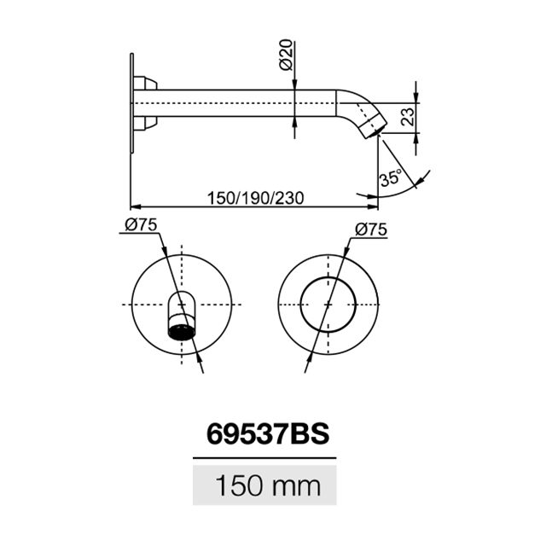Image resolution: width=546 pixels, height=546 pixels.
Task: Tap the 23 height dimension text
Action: coord(408,116)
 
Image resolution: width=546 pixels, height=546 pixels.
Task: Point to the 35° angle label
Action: coord(391,178)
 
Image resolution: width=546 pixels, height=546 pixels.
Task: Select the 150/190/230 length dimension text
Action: coord(255,198)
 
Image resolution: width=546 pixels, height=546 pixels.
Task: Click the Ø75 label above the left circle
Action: coord(141,225)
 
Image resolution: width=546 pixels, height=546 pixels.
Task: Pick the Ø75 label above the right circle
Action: coord(371,229)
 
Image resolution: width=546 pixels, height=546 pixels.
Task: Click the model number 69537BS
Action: coord(267,434)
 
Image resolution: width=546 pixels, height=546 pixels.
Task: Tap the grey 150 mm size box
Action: coord(264,485)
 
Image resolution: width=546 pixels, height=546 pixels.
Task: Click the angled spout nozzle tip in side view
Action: coord(374,127)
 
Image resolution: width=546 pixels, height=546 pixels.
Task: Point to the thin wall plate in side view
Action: coord(132,103)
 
